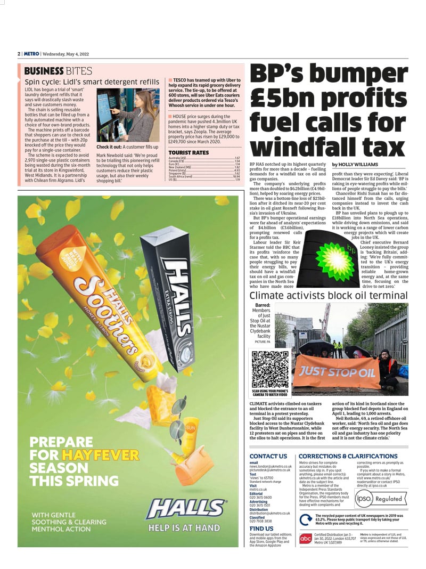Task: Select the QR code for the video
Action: pyautogui.click(x=270, y=369)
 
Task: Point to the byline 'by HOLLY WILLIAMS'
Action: pyautogui.click(x=355, y=165)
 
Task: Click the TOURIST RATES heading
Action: pyautogui.click(x=189, y=152)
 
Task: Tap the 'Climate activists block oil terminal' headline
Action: pyautogui.click(x=329, y=296)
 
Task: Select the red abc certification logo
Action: pyautogui.click(x=306, y=539)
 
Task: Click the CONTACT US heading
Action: pyautogui.click(x=268, y=456)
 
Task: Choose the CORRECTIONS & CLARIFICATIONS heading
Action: pyautogui.click(x=348, y=456)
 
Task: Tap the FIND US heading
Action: pyautogui.click(x=261, y=529)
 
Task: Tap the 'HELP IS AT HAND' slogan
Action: pyautogui.click(x=184, y=527)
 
